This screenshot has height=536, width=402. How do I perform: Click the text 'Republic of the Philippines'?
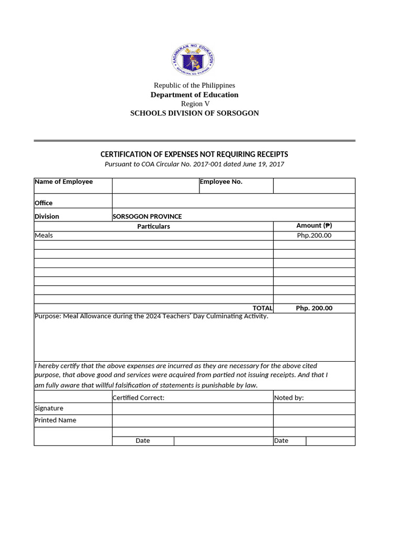click(194, 85)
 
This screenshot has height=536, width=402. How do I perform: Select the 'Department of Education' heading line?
click(194, 95)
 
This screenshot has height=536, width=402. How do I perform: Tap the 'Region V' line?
click(195, 104)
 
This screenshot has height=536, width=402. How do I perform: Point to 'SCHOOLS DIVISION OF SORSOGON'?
click(194, 113)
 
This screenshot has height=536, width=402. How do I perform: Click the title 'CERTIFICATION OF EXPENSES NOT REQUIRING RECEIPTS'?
click(194, 154)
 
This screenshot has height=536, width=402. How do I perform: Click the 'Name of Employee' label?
click(63, 182)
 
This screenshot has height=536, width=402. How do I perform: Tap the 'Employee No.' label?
click(221, 182)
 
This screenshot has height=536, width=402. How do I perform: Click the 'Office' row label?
click(43, 203)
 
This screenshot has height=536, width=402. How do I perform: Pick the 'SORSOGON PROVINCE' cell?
click(147, 216)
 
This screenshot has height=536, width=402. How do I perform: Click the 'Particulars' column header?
click(153, 227)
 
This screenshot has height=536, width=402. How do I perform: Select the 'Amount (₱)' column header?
click(314, 226)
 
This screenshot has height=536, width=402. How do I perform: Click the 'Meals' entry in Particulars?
click(44, 236)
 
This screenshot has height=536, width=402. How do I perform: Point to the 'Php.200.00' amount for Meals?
click(314, 236)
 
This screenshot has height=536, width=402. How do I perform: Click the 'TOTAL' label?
click(262, 308)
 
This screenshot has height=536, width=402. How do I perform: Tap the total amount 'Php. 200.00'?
click(314, 308)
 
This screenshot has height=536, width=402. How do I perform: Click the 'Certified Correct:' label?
click(139, 398)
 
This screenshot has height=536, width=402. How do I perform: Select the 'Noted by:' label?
click(289, 398)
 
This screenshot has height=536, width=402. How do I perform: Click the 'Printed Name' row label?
click(55, 420)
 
